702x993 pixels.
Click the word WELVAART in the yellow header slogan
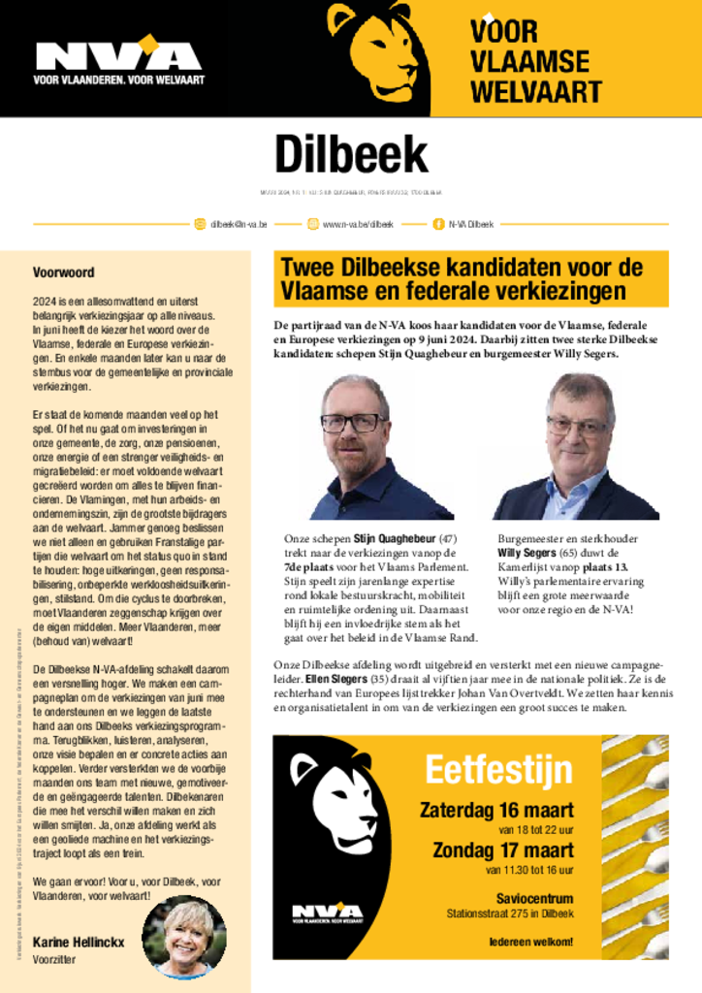[535, 92]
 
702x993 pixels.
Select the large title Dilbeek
[350, 154]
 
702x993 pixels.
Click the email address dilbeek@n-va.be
[239, 224]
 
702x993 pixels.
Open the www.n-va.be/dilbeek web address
[357, 224]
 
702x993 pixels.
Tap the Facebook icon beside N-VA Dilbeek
[438, 224]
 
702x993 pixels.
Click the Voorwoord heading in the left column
[64, 272]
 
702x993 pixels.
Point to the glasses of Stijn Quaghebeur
[353, 423]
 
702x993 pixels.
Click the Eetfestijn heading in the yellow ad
[498, 770]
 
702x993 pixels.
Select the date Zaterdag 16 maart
[495, 810]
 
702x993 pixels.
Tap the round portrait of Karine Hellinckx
[184, 936]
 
